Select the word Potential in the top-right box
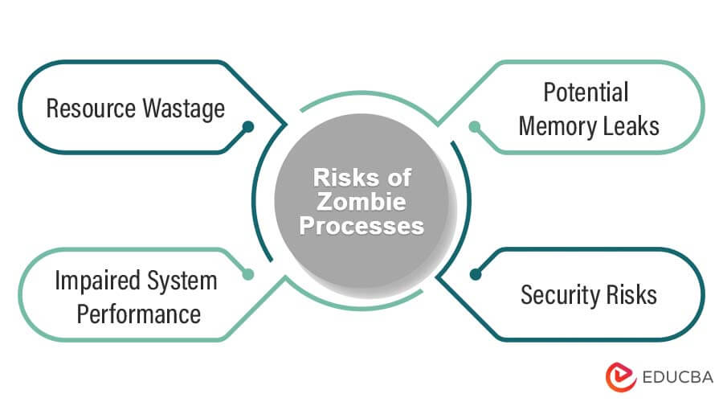click(x=585, y=93)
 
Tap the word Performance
click(x=139, y=313)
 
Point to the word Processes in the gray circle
click(x=361, y=226)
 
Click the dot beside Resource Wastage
click(x=248, y=126)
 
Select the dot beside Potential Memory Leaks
click(x=475, y=126)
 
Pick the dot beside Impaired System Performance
click(x=248, y=274)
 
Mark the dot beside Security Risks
click(x=475, y=274)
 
